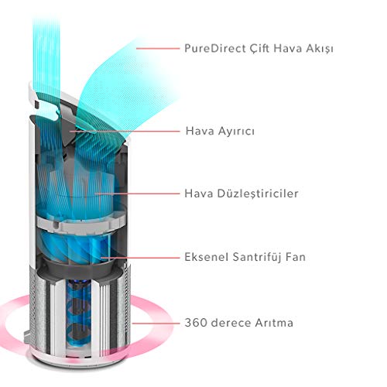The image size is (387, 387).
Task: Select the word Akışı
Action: point(320,49)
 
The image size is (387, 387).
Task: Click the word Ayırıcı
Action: point(236,132)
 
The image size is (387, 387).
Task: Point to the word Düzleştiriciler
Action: point(258,193)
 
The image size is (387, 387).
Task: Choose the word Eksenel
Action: point(207,257)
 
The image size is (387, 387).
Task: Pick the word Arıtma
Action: point(274,323)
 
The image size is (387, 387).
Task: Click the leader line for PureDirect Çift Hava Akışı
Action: point(158,49)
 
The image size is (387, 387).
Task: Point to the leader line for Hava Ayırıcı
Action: point(125,131)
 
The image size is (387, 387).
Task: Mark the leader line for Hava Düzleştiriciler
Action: point(137,193)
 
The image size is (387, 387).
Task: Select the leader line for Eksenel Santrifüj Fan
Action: point(140,258)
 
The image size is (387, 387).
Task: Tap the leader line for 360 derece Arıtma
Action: point(156,323)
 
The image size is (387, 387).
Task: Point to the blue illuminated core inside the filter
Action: point(78,315)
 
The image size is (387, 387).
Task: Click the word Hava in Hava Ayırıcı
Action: point(200,131)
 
